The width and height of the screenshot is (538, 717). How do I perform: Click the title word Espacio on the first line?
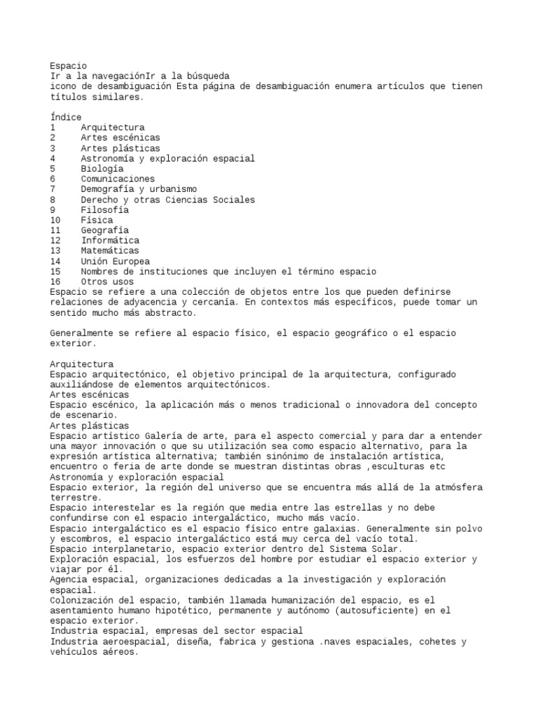pos(69,65)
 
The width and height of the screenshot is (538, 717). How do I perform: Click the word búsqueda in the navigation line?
pos(207,76)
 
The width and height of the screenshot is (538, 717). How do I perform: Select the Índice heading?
pos(66,117)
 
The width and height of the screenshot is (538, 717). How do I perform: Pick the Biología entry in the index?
pos(102,169)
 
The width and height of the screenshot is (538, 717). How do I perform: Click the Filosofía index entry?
pos(104,209)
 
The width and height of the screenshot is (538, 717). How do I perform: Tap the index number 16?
pos(56,281)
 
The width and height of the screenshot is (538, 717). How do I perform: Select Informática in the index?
pos(109,240)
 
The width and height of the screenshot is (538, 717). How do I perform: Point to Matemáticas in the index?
pos(109,251)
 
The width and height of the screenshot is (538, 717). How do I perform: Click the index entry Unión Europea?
pos(114,261)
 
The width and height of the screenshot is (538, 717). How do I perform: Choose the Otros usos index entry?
pos(106,281)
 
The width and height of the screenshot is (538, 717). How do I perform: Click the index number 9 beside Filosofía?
pos(53,209)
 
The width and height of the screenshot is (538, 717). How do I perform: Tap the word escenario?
pos(76,415)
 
